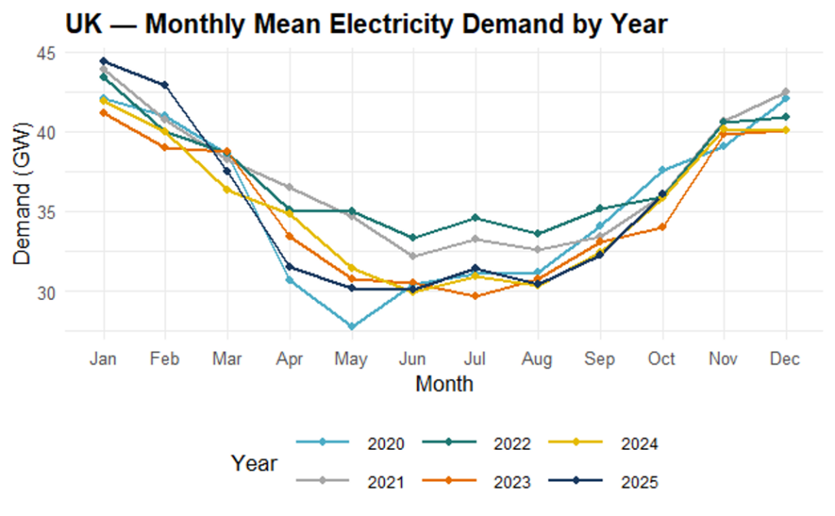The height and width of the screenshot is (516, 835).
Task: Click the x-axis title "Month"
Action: click(444, 383)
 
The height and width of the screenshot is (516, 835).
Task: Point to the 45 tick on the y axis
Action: click(45, 53)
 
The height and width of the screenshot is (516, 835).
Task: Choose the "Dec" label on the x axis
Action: click(785, 359)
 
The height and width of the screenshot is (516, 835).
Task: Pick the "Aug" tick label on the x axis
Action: click(537, 359)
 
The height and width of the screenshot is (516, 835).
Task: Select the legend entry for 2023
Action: click(490, 482)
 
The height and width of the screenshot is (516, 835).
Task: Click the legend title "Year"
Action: click(254, 463)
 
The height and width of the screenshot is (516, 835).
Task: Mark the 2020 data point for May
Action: click(351, 327)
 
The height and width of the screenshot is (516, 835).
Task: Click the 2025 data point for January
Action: click(104, 60)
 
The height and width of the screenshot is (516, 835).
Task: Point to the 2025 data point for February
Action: click(166, 85)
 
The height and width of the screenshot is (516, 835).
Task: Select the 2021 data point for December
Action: click(785, 91)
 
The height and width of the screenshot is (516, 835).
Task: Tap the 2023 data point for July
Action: click(475, 296)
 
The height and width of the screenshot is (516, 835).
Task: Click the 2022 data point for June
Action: click(413, 238)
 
